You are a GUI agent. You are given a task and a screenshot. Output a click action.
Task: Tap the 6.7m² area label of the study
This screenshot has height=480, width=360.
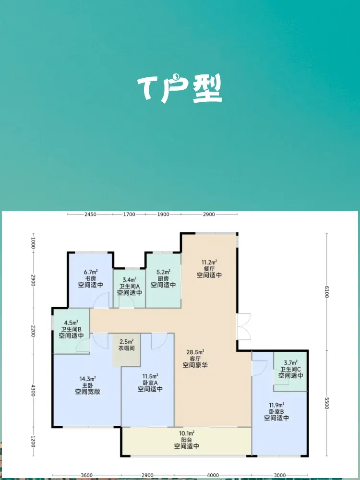pyautogui.click(x=91, y=272)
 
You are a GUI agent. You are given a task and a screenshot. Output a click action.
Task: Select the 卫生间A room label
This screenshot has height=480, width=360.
pyautogui.click(x=130, y=286)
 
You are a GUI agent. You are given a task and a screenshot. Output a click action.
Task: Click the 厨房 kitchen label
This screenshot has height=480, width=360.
pyautogui.click(x=164, y=278)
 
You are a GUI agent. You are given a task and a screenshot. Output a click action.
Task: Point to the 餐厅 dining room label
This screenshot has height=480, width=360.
pyautogui.click(x=209, y=268)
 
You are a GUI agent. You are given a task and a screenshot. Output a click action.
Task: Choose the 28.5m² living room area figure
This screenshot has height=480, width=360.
pyautogui.click(x=195, y=352)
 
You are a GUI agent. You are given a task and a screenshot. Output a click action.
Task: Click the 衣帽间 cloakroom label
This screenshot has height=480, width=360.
pyautogui.click(x=126, y=348)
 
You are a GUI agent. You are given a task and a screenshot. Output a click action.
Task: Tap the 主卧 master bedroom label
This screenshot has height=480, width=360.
pyautogui.click(x=88, y=385)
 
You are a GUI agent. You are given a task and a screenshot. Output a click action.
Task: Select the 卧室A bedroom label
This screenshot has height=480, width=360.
pyautogui.click(x=150, y=383)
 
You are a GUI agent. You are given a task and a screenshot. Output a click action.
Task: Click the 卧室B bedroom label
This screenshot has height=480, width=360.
pyautogui.click(x=276, y=411)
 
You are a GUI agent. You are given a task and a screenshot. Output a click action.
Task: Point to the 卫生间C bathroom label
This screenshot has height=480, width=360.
pyautogui.click(x=291, y=369)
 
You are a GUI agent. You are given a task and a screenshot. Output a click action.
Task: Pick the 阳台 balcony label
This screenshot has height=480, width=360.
pyautogui.click(x=187, y=440)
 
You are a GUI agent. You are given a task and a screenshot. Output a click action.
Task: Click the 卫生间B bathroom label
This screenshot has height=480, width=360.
pyautogui.click(x=72, y=329)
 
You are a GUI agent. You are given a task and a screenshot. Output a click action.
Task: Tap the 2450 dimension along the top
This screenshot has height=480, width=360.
pyautogui.click(x=90, y=214)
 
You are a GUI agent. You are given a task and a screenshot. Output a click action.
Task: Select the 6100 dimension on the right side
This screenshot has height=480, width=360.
pyautogui.click(x=326, y=291)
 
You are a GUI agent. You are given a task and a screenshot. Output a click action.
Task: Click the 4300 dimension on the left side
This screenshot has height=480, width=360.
pyautogui.click(x=33, y=390)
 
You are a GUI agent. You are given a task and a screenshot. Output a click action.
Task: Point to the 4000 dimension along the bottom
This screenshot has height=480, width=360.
pyautogui.click(x=213, y=475)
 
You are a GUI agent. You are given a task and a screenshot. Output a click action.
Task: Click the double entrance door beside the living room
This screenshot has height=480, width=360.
pyautogui.click(x=244, y=326)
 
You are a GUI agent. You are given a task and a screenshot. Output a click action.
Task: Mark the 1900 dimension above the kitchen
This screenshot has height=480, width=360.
pyautogui.click(x=163, y=214)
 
